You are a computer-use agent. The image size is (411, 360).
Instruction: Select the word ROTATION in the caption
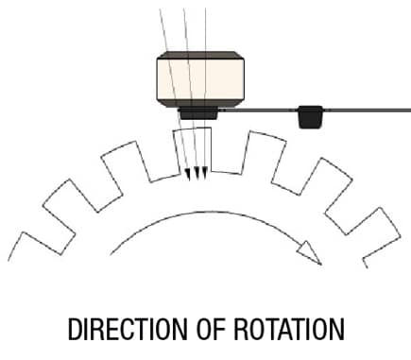click(289, 329)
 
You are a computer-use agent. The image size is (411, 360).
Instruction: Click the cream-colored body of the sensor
click(200, 79)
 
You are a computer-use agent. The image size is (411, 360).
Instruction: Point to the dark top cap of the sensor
click(200, 55)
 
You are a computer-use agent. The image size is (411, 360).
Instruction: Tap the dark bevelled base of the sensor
click(200, 103)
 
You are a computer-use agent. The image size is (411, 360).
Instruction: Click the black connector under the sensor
click(198, 113)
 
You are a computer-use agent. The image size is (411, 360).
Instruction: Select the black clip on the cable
click(310, 117)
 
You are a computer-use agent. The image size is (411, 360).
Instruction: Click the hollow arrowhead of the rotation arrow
click(310, 252)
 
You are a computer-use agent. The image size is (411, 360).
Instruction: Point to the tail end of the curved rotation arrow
click(111, 254)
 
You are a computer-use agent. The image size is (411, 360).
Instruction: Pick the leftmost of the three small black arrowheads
click(188, 175)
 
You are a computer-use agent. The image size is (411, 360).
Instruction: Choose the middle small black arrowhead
click(197, 174)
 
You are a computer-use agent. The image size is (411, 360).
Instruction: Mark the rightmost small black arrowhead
click(204, 174)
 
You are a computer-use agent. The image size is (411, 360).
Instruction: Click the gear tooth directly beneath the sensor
click(193, 150)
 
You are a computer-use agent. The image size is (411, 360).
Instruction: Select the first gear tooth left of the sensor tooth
click(127, 161)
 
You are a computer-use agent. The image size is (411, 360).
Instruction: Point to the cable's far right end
click(409, 111)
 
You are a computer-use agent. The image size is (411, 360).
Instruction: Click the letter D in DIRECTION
click(74, 329)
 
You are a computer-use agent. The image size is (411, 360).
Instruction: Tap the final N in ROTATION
click(338, 329)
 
